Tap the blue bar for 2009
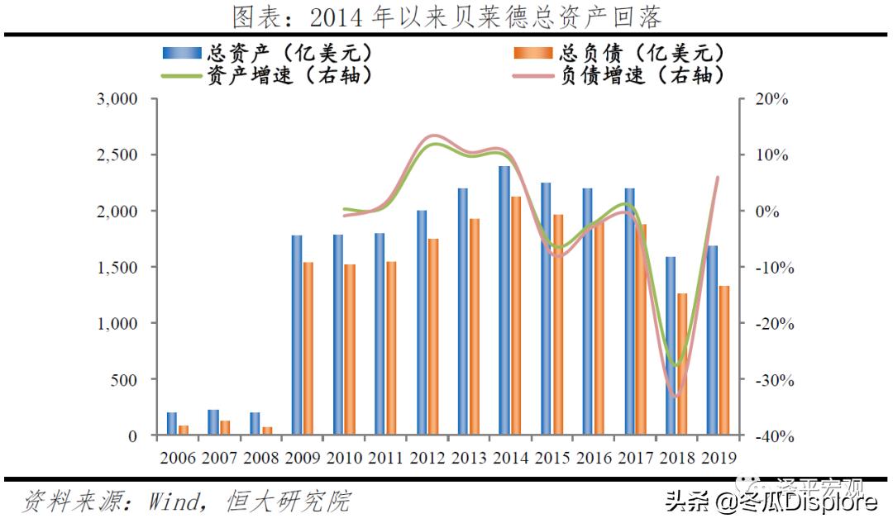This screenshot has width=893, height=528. pos(296,335)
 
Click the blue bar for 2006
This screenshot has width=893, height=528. pos(171,424)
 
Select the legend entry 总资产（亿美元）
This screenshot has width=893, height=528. pos(269,53)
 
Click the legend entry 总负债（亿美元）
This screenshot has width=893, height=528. pos(620,53)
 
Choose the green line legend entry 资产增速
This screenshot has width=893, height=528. pos(269,75)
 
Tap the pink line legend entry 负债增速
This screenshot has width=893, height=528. pos(620,75)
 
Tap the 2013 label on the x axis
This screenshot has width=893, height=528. pos(468,458)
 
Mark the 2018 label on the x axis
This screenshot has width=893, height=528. pos(676,458)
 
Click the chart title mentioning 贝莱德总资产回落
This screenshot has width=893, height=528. pos(446,17)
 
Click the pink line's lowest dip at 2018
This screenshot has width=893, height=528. pos(676,397)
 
